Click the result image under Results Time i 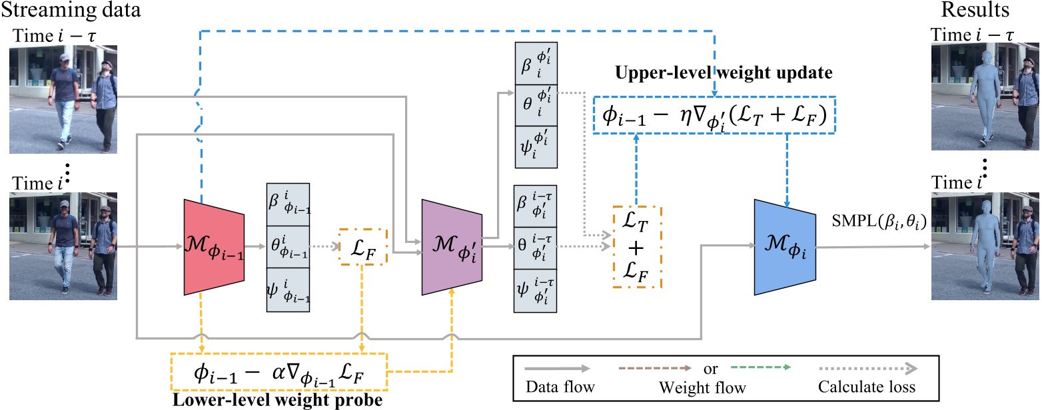[x=984, y=247]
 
